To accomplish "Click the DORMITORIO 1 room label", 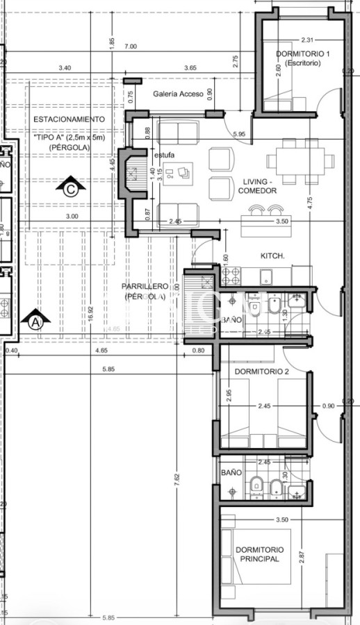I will [302, 53].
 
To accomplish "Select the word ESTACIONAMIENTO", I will [69, 119].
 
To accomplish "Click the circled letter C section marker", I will [69, 186].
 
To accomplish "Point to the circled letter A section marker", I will [35, 321].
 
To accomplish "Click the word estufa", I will [165, 155].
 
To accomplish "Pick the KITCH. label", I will [272, 256].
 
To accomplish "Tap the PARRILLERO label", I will [144, 286].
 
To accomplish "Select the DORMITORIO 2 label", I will [262, 372].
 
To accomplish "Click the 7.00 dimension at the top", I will [130, 47].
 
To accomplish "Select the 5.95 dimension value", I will [240, 133].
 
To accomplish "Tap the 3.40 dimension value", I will [65, 67].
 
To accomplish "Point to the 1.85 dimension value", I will [111, 42].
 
